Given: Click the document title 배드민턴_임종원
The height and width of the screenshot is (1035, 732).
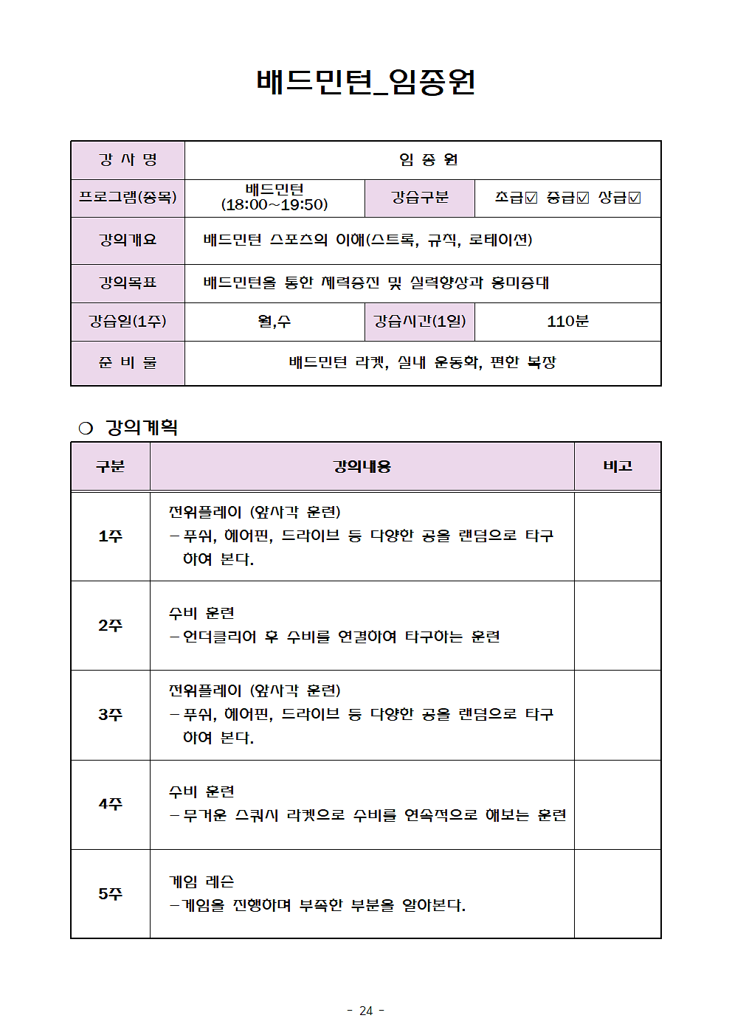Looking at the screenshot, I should (x=366, y=82).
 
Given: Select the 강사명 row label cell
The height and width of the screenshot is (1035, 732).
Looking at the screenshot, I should (x=128, y=160).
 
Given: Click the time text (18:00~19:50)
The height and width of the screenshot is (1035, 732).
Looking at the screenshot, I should (x=274, y=205).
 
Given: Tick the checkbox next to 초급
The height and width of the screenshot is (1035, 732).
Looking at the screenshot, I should (x=531, y=198).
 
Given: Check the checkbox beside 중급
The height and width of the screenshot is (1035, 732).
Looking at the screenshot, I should (x=583, y=198).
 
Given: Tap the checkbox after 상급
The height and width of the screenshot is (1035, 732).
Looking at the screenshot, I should (x=635, y=198).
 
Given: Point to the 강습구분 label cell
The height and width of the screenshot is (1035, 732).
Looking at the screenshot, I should (x=420, y=198).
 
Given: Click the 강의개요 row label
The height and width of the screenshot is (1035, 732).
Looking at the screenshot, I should (x=128, y=240).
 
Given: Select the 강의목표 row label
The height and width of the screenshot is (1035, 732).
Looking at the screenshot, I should (x=128, y=283).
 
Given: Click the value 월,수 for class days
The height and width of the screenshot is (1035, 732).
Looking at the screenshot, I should (x=274, y=322).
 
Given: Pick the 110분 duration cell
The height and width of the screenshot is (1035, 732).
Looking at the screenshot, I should (x=567, y=322).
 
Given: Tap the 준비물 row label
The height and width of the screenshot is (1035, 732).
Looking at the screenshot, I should (x=128, y=363).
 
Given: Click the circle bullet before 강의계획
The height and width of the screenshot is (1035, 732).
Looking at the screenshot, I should (x=86, y=429).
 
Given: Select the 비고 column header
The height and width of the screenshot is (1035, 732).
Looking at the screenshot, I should (x=618, y=466).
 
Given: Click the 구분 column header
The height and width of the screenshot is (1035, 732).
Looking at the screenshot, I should (x=111, y=466).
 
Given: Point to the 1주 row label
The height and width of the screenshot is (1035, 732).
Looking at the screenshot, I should (x=111, y=536).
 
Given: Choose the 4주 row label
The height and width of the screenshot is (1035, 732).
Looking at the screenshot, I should (x=111, y=804).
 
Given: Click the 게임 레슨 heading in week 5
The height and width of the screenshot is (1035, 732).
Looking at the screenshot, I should (x=201, y=882).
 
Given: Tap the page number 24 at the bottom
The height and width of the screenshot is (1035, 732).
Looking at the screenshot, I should (x=366, y=1011).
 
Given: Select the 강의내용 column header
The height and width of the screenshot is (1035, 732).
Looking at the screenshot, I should (x=362, y=466).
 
